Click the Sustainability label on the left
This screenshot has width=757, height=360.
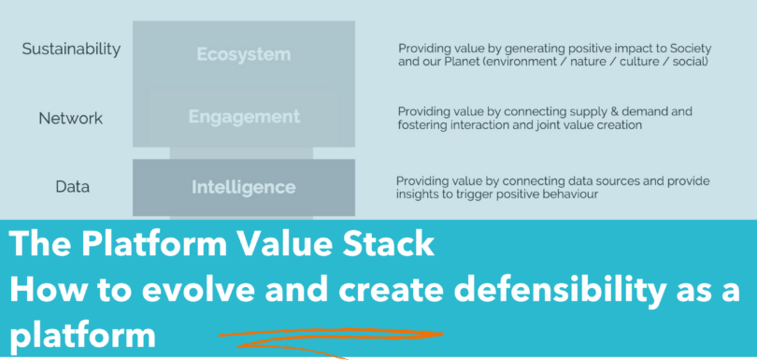[71, 50]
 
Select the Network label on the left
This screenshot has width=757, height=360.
[70, 119]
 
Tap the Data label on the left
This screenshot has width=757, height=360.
[72, 186]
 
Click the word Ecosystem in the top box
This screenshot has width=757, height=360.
[244, 54]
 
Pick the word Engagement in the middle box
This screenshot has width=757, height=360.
[244, 117]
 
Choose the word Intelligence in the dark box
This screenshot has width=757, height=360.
[244, 187]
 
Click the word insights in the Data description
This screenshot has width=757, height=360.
[415, 194]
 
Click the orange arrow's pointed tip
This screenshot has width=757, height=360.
[442, 334]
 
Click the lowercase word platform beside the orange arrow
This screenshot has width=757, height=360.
[82, 335]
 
